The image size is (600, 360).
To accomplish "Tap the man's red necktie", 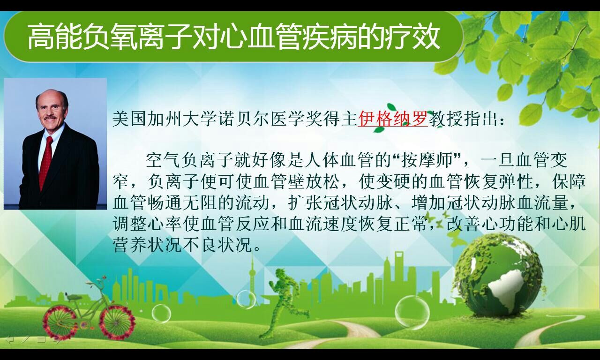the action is (46, 162).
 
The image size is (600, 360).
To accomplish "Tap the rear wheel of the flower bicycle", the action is (60, 323).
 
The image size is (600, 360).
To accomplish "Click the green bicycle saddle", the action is (73, 297).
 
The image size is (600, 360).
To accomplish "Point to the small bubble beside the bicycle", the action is (161, 314).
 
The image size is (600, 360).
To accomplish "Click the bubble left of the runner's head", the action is (247, 300).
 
